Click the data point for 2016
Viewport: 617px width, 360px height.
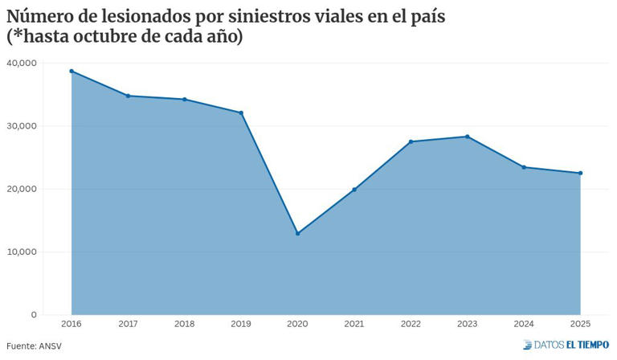click(72, 71)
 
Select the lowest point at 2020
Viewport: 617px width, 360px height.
click(298, 234)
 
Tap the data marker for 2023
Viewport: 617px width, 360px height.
click(468, 137)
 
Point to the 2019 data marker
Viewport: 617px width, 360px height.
click(241, 112)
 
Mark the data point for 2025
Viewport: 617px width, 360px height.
click(580, 173)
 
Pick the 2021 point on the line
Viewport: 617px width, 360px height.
click(354, 190)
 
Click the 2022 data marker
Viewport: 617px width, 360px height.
click(411, 141)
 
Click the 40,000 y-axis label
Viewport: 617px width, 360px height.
click(22, 63)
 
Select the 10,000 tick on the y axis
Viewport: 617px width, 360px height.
click(22, 252)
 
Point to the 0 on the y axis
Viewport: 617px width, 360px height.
click(34, 314)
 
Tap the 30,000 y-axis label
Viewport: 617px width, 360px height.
click(22, 126)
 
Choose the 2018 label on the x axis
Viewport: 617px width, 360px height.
click(185, 323)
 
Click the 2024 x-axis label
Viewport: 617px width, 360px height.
click(524, 323)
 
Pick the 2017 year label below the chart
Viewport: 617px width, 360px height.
click(128, 323)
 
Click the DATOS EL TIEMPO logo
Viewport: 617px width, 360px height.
click(566, 346)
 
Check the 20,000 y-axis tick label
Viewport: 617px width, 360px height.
click(22, 189)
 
